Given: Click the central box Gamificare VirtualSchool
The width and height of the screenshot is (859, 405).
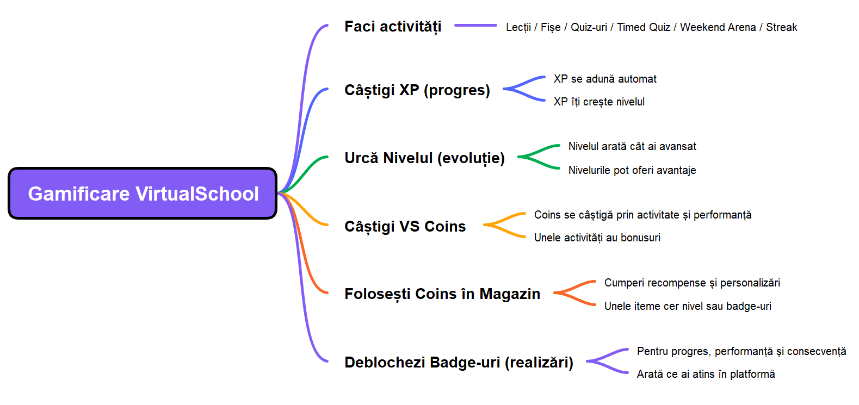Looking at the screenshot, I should pos(143,194).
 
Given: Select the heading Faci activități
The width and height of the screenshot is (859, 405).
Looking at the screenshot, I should pos(393,27).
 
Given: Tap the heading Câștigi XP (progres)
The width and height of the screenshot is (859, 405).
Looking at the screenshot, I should pos(417,90).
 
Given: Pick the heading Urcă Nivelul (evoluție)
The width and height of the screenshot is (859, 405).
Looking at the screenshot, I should pos(424,158).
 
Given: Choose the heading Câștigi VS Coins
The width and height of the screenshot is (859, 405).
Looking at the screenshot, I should pos(405,226).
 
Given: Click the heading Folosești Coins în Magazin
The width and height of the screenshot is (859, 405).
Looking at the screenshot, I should pos(442,294).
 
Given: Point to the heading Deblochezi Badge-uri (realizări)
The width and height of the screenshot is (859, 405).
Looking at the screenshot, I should pos(459,362).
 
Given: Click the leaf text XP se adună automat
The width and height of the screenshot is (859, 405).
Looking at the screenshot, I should pos(605,79).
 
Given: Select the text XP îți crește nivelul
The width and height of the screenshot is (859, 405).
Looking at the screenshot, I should pos(599,102).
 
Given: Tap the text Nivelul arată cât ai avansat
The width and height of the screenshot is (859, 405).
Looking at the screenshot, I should pos(632,146).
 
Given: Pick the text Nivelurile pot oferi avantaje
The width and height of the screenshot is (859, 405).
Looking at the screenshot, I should pos(632,170).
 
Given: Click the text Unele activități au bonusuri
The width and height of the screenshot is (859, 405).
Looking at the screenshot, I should pos(597,238).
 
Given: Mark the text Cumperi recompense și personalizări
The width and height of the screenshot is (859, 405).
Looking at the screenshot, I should pos(692,283).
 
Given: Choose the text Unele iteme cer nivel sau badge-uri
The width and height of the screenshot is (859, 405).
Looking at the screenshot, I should pos(688,306).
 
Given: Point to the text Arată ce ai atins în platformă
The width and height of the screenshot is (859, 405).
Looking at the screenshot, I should pos(706,374).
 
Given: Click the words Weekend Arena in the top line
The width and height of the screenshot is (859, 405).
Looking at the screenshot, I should pos(718,27).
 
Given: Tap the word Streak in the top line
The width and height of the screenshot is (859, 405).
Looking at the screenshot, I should pos(781,27).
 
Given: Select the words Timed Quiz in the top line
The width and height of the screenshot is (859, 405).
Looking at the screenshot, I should pos(644,27).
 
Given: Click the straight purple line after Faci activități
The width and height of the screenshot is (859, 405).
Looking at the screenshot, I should pos(475,26).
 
